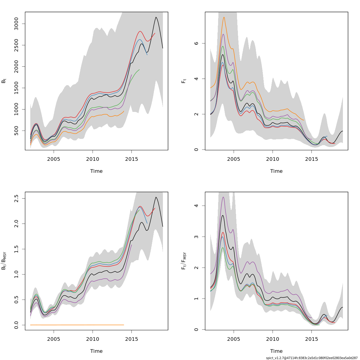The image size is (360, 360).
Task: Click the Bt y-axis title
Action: point(4,81)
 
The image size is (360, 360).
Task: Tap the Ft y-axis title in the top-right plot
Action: point(184,81)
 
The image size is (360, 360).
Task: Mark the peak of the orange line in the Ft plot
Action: point(224,17)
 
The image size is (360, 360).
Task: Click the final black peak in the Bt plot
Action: point(156,17)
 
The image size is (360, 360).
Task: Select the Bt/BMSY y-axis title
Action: point(4,261)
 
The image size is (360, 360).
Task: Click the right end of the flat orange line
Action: point(124,325)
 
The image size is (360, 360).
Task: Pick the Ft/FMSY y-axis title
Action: point(184,261)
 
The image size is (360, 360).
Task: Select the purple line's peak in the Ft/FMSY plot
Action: point(223,197)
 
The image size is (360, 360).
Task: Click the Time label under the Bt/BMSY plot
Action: point(96,351)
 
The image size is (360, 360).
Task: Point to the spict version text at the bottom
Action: point(312,358)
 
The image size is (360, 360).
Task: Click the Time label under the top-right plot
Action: point(276,171)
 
